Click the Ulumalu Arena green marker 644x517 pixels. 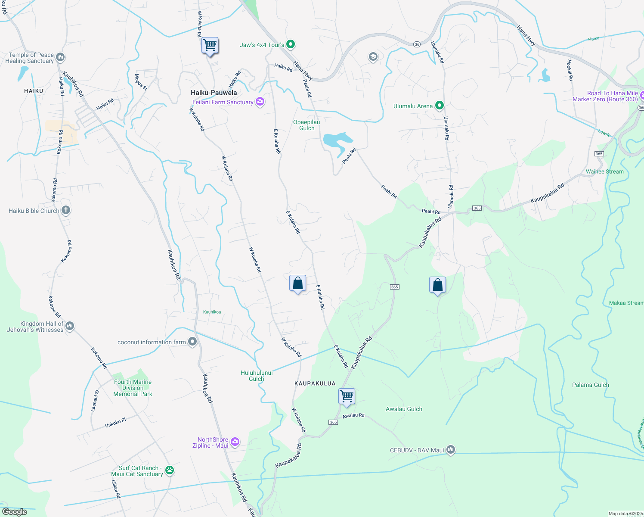point(439,106)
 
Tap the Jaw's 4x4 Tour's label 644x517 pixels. point(262,45)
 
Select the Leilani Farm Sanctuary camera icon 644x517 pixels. point(260,102)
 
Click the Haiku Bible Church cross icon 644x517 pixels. point(65,210)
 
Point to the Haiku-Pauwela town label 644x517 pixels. point(214,93)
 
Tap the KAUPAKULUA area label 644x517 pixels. point(315,383)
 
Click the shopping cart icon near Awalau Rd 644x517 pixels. point(347,396)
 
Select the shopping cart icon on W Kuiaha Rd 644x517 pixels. point(210,45)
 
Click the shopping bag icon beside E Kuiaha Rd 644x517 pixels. point(297,283)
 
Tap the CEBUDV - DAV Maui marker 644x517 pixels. point(450,450)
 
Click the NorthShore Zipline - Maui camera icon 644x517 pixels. point(235,442)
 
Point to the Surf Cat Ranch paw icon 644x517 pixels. point(170,470)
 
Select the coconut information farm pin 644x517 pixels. point(192,342)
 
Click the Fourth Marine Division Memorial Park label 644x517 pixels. point(133,388)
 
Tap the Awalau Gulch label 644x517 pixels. point(404,409)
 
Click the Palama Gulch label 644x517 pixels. point(590,385)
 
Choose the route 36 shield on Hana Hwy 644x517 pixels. point(416,44)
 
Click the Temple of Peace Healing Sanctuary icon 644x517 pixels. point(60,57)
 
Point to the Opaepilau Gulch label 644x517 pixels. point(307,125)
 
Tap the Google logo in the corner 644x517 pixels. point(14,511)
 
